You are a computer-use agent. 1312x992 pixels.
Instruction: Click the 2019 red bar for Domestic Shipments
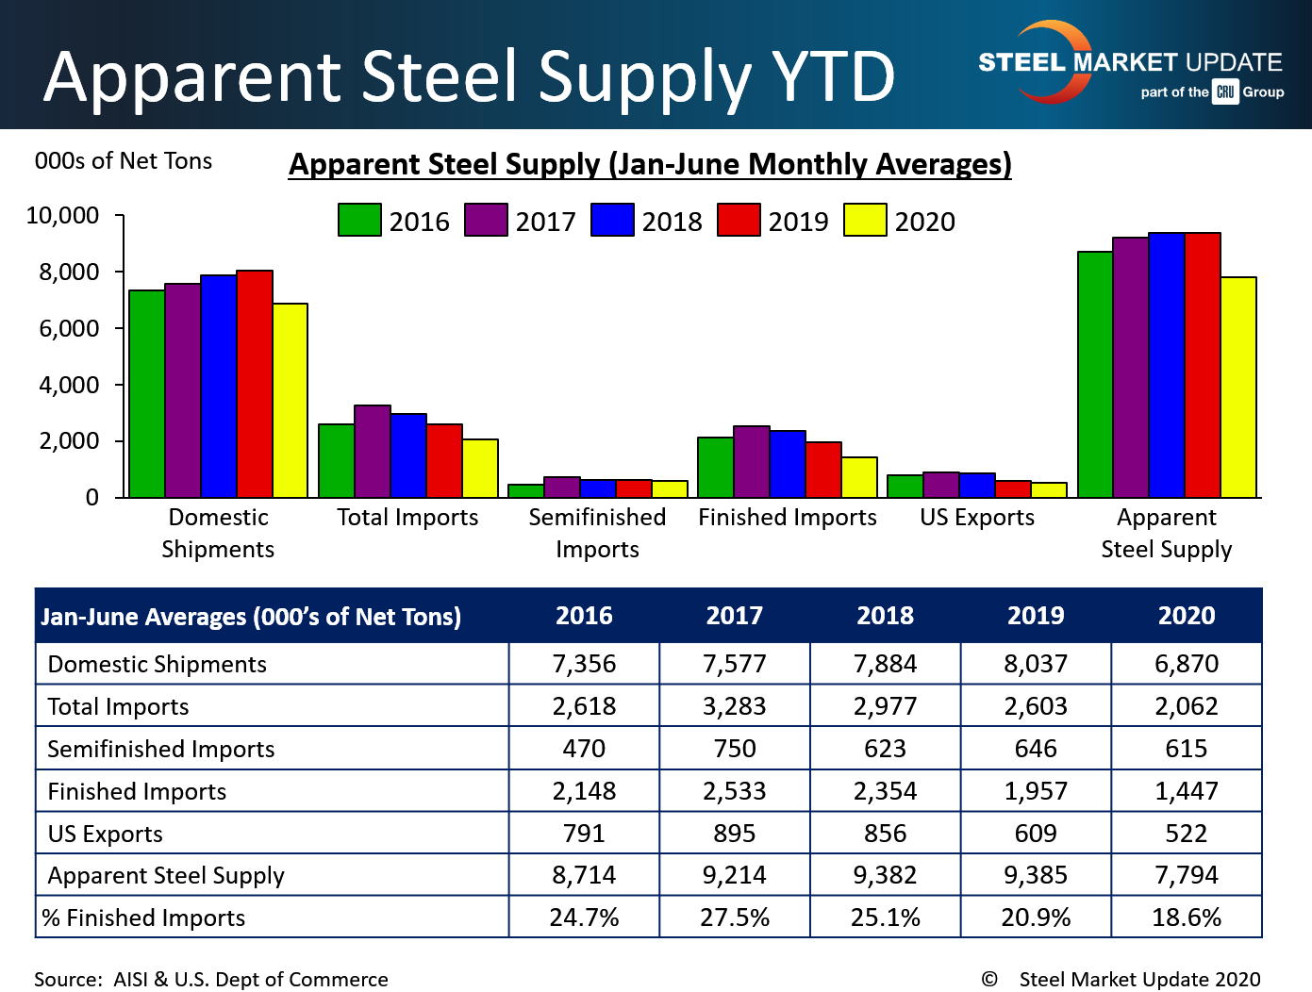tap(255, 384)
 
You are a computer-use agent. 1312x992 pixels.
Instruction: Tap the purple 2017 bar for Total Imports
tap(372, 451)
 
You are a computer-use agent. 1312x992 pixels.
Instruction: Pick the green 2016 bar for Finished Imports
tap(715, 467)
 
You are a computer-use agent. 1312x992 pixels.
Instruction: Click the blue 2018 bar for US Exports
tap(976, 485)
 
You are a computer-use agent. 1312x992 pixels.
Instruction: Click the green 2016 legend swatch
tap(359, 220)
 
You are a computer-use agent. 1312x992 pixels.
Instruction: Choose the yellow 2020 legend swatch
tap(865, 220)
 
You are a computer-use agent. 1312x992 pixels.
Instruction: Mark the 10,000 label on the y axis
tap(62, 215)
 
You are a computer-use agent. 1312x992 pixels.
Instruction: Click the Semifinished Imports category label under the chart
tap(597, 533)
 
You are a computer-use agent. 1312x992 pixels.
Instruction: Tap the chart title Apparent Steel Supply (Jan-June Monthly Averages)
tap(650, 164)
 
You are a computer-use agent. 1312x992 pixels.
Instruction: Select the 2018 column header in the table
tap(885, 616)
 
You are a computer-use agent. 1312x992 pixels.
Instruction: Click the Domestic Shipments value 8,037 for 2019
tap(1036, 664)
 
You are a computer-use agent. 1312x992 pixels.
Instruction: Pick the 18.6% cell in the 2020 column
tap(1187, 918)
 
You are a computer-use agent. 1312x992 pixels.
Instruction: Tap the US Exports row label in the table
tap(106, 834)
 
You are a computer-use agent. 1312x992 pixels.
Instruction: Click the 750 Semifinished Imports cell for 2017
tap(735, 749)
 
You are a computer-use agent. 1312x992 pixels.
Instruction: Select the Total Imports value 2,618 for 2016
tap(584, 706)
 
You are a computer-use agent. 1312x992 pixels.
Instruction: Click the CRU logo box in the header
tap(1225, 91)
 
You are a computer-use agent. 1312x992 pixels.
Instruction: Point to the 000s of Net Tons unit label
tap(124, 161)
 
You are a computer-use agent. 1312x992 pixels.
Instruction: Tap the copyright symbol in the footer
tap(989, 979)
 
